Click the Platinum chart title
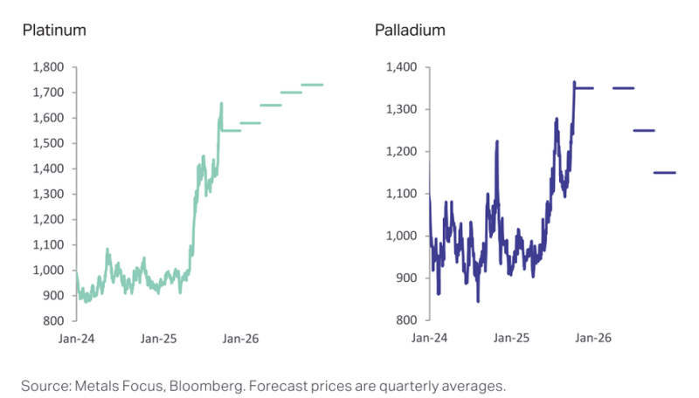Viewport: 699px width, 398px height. tap(53, 31)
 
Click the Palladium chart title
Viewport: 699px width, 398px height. tap(410, 31)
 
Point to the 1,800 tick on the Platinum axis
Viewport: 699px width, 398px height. tap(49, 67)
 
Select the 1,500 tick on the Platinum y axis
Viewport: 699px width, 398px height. tap(49, 143)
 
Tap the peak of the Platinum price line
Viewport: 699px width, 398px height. tap(221, 104)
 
